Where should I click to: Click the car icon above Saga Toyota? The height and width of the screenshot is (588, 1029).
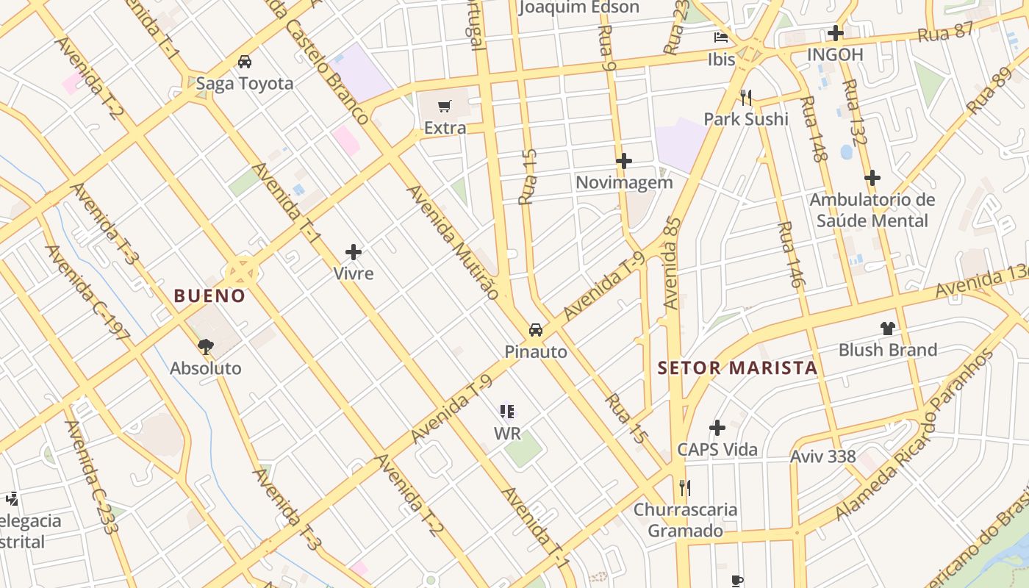tap(245, 62)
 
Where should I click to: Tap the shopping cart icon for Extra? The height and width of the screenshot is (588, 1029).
tap(444, 107)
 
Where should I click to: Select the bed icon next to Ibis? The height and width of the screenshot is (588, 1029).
tap(721, 37)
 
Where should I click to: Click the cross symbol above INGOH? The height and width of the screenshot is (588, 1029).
tap(835, 33)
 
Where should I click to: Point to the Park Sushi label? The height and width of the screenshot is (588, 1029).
tap(745, 119)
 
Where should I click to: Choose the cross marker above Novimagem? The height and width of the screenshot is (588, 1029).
tap(624, 160)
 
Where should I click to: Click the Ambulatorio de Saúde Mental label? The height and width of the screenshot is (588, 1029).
tap(872, 210)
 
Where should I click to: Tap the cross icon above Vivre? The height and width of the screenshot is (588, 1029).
tap(354, 252)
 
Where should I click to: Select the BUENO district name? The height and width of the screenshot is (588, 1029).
tap(209, 295)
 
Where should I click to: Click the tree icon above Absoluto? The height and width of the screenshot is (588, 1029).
tap(206, 345)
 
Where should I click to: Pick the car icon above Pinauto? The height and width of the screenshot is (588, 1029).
tap(536, 329)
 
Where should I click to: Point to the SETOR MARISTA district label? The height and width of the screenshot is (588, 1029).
tap(737, 367)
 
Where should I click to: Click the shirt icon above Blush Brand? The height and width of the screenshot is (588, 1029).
tap(888, 328)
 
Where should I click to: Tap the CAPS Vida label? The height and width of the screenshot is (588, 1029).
tap(717, 449)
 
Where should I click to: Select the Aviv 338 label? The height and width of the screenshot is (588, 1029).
tap(822, 456)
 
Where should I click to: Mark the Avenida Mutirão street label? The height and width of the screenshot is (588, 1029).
tap(452, 240)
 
